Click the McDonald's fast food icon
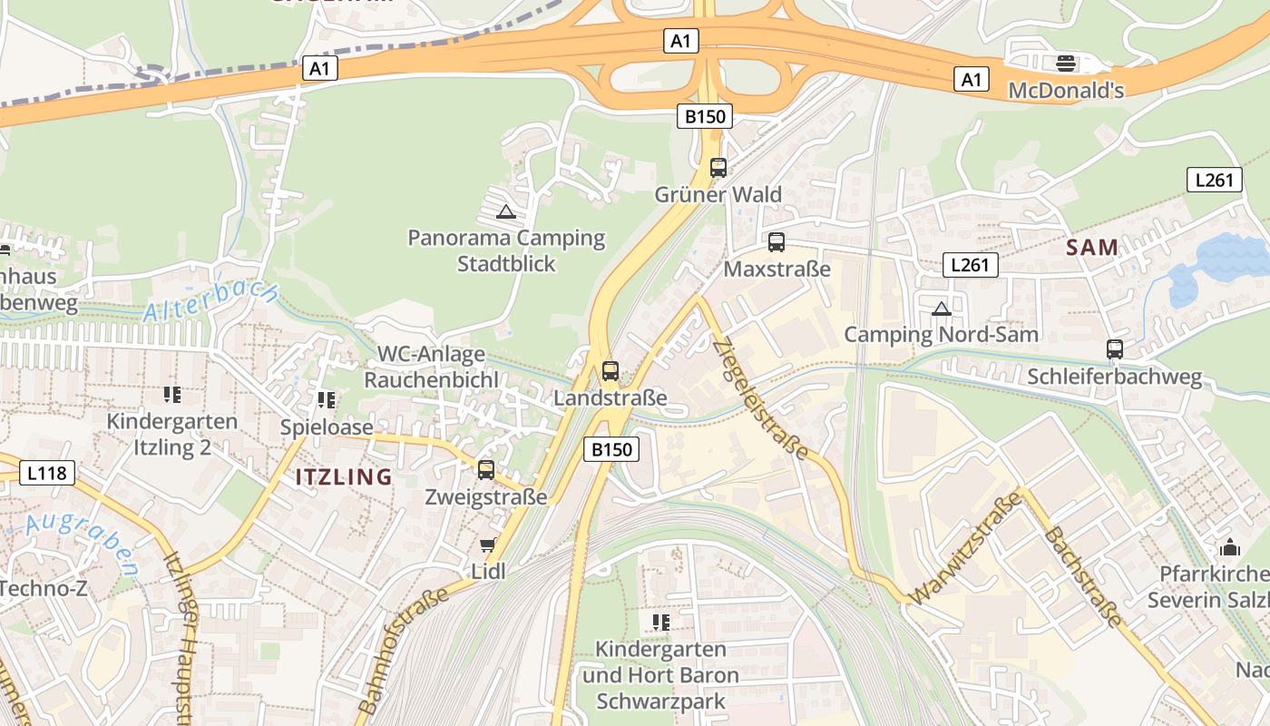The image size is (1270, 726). pos(1066,63)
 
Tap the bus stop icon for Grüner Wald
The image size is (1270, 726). pos(718,167)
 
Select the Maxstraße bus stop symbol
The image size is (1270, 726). pos(777,242)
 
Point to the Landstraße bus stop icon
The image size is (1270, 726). pos(611,370)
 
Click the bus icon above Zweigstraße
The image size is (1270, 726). pos(486,469)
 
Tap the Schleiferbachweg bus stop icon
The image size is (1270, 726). pos(1115,348)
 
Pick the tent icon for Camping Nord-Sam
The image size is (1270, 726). pos(941,309)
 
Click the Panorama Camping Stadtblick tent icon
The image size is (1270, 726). pos(506,212)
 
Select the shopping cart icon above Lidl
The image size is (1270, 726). pos(487,545)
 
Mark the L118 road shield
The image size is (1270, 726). pos(46,473)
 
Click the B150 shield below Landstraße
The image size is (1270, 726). pos(611,448)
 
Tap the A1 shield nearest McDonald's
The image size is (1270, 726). pos(971,80)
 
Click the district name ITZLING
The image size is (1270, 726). pos(344,476)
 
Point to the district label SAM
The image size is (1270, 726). pos(1092,247)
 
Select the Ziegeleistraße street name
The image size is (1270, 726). pos(760,398)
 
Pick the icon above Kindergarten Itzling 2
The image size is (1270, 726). pos(172,395)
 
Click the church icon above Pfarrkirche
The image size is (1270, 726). pos(1230,547)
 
